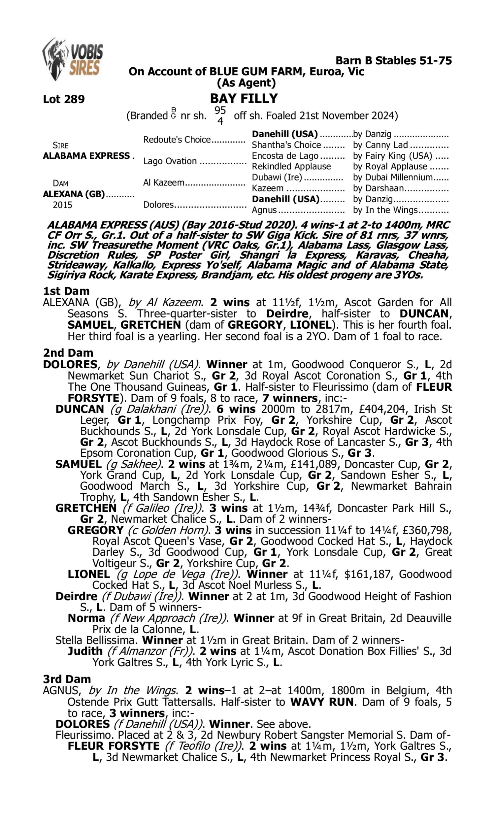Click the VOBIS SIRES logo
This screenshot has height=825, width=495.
[73, 59]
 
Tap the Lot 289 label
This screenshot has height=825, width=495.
[64, 99]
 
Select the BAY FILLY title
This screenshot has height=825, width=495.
[244, 98]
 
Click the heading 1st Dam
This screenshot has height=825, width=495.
[66, 291]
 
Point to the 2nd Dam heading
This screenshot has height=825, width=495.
[68, 352]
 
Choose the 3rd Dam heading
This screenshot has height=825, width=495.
[67, 679]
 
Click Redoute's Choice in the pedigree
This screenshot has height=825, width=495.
[177, 139]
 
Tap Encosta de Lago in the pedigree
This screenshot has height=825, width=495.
[285, 156]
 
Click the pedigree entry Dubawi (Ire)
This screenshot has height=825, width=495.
[277, 177]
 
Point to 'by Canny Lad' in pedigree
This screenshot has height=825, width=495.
[380, 145]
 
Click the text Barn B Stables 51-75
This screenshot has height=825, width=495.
[393, 60]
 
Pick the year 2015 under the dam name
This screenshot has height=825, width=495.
[62, 205]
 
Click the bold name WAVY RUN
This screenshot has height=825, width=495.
[321, 702]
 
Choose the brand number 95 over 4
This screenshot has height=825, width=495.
[220, 115]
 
